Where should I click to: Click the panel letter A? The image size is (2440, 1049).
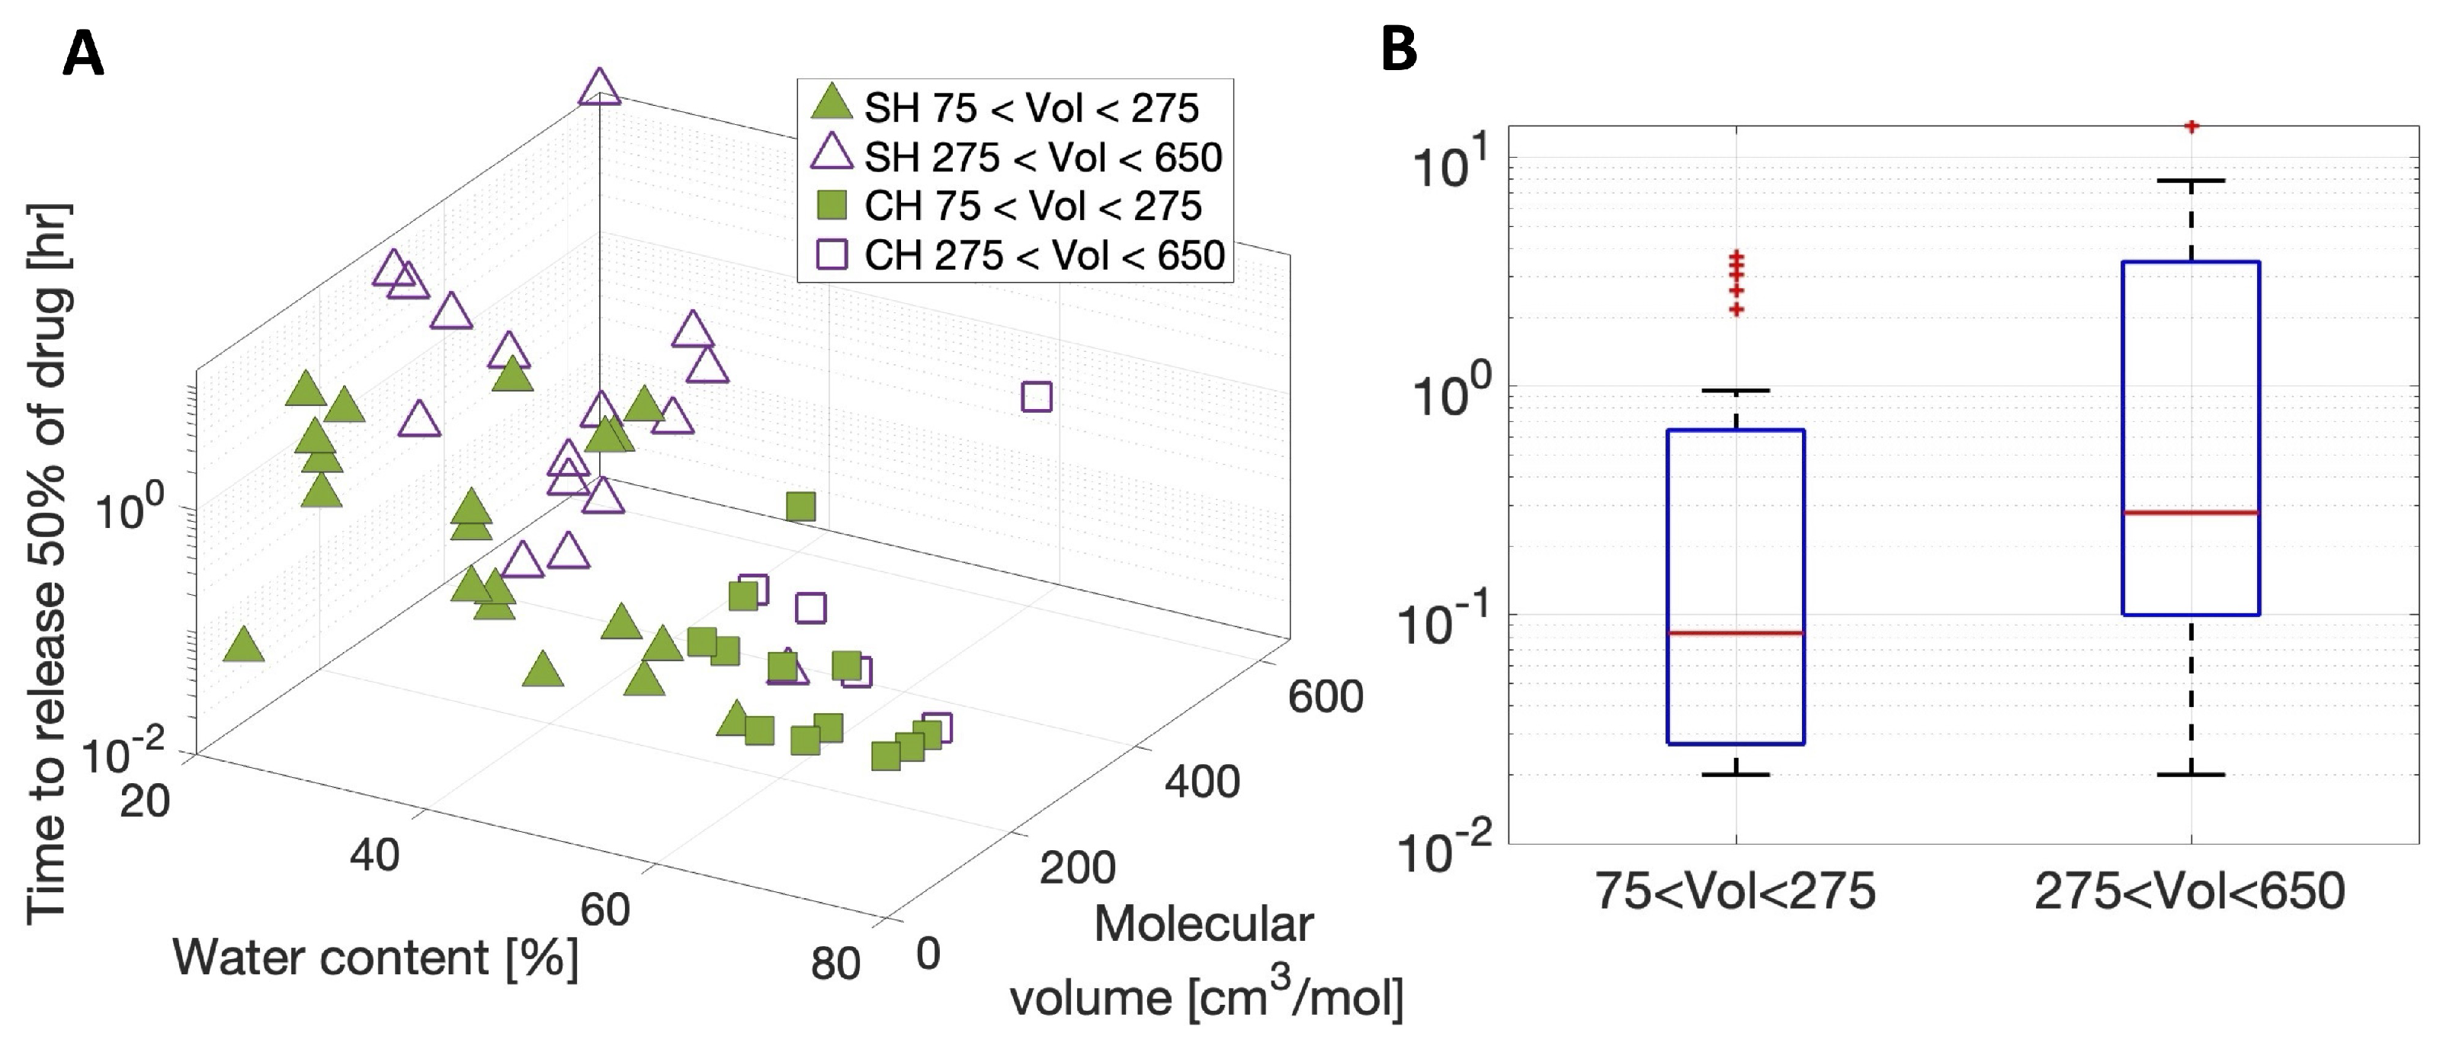(x=83, y=54)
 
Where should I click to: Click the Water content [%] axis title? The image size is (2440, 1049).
(x=375, y=958)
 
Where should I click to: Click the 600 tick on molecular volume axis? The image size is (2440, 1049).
(x=1324, y=697)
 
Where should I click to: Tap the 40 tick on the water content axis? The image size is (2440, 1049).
(x=374, y=855)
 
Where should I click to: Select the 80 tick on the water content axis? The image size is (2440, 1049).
(x=835, y=964)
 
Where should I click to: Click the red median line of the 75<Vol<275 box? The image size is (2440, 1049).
(x=1735, y=632)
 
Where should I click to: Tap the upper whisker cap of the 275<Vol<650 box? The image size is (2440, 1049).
(x=2191, y=180)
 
